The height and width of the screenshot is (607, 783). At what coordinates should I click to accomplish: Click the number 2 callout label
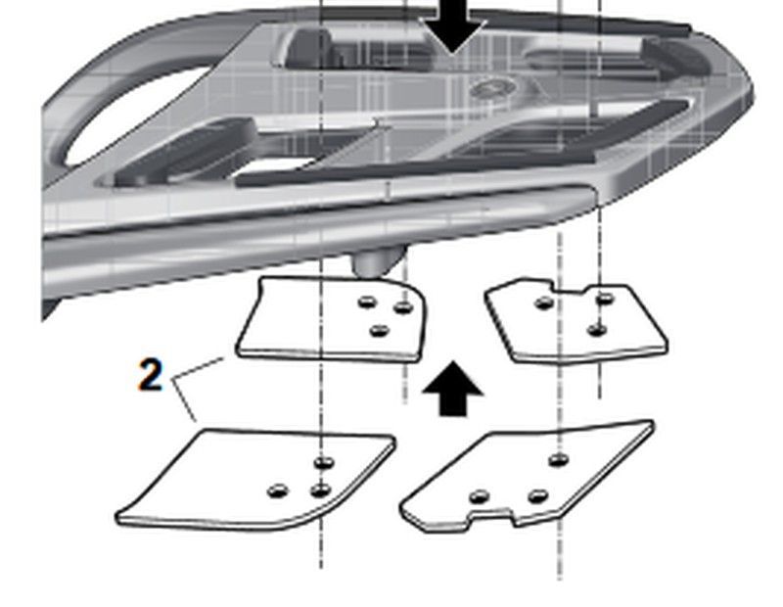pyautogui.click(x=150, y=375)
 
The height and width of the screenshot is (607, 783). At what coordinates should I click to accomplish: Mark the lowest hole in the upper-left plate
pyautogui.click(x=380, y=330)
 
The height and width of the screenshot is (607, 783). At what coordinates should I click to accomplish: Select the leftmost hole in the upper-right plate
pyautogui.click(x=543, y=303)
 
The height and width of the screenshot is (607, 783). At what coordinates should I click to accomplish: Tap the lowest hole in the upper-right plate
pyautogui.click(x=597, y=329)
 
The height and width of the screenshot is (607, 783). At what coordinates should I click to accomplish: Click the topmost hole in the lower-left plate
pyautogui.click(x=323, y=461)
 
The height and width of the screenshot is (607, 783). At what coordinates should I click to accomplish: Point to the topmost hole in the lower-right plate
pyautogui.click(x=559, y=459)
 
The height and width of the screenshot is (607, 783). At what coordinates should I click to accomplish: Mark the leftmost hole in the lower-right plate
pyautogui.click(x=479, y=497)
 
